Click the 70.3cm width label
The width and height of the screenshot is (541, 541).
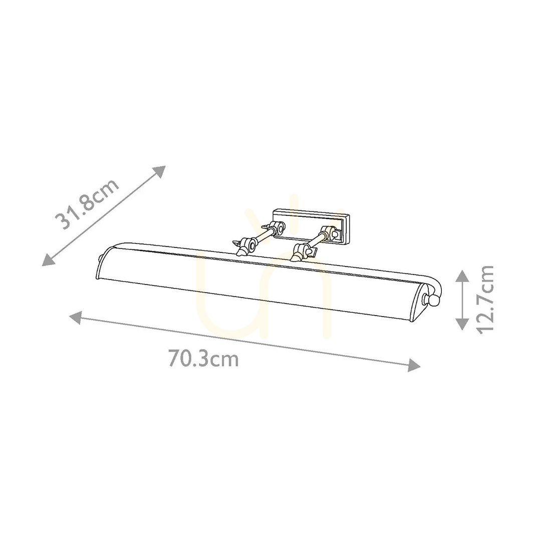pyautogui.click(x=203, y=359)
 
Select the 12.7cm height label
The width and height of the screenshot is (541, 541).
pyautogui.click(x=485, y=299)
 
